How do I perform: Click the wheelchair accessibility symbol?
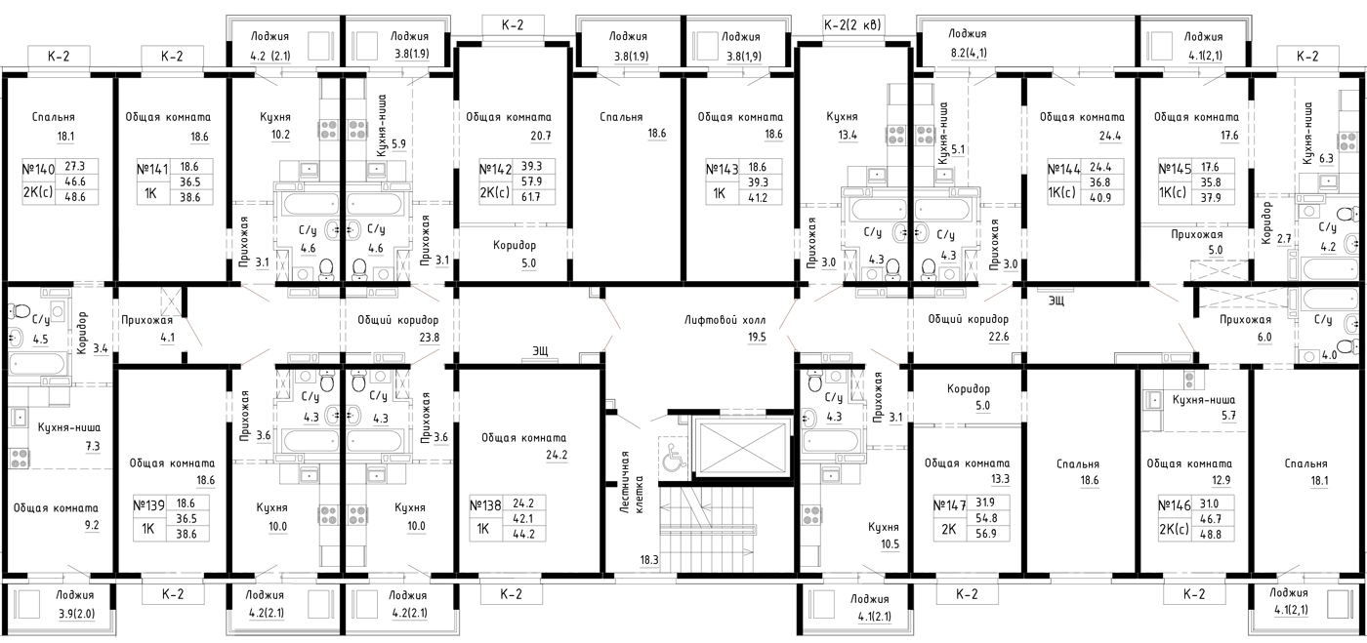coord(673,458)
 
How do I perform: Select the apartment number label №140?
coord(38,169)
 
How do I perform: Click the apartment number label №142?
coord(495,169)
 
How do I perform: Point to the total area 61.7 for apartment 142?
coord(531,197)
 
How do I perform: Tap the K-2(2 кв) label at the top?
coord(852,25)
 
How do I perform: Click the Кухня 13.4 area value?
coord(848,135)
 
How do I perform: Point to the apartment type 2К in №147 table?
coord(949,529)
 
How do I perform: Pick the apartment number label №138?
coord(485,505)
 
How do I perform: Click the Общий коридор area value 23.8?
coord(429,338)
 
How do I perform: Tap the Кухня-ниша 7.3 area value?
coord(92,446)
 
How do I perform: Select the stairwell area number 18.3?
coord(648,560)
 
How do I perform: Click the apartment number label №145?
coord(1175,169)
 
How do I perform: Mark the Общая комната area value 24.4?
coord(1110,136)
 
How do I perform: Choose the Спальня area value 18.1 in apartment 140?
coord(65,136)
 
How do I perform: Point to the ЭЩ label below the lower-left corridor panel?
coord(540,350)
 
